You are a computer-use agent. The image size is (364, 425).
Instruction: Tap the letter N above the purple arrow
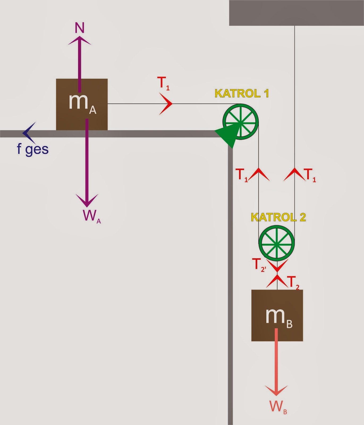(x=79, y=28)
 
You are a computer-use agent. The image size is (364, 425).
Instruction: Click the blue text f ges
(x=33, y=149)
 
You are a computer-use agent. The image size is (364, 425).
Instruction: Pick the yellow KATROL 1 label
(x=242, y=93)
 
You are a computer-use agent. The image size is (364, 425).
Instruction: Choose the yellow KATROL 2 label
(x=278, y=217)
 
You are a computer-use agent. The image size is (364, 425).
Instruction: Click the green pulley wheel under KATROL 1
(x=241, y=122)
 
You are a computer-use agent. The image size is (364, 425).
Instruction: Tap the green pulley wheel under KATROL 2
(x=277, y=243)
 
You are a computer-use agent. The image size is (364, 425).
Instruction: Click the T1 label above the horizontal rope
(x=163, y=83)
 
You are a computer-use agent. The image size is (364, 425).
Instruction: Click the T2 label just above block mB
(x=293, y=283)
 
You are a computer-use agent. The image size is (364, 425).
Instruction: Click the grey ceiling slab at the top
(x=296, y=13)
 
